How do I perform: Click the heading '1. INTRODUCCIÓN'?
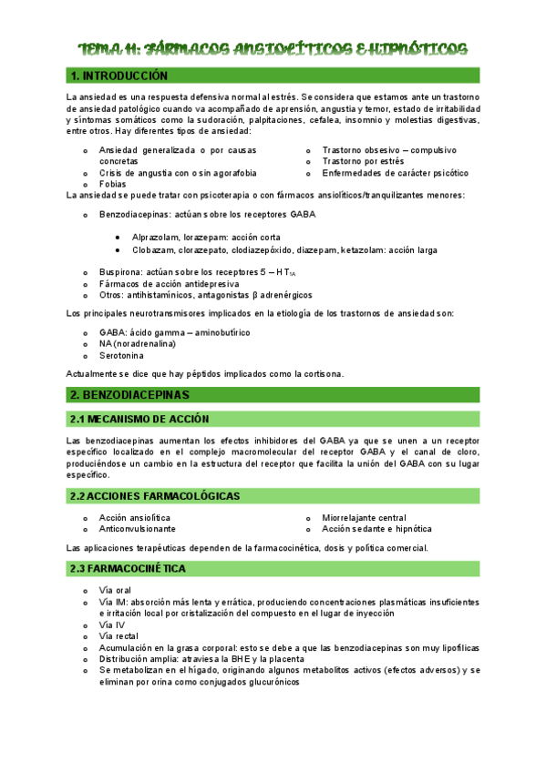click(119, 76)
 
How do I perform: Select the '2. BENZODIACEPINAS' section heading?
click(129, 395)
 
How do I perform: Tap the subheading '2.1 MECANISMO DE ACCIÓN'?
click(139, 419)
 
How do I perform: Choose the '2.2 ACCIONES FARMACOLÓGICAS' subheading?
click(155, 496)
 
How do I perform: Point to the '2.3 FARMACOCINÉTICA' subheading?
click(128, 568)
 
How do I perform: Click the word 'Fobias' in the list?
click(114, 184)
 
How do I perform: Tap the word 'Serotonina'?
click(121, 355)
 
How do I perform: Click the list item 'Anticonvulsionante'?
click(138, 529)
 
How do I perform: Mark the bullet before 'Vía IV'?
click(85, 625)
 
